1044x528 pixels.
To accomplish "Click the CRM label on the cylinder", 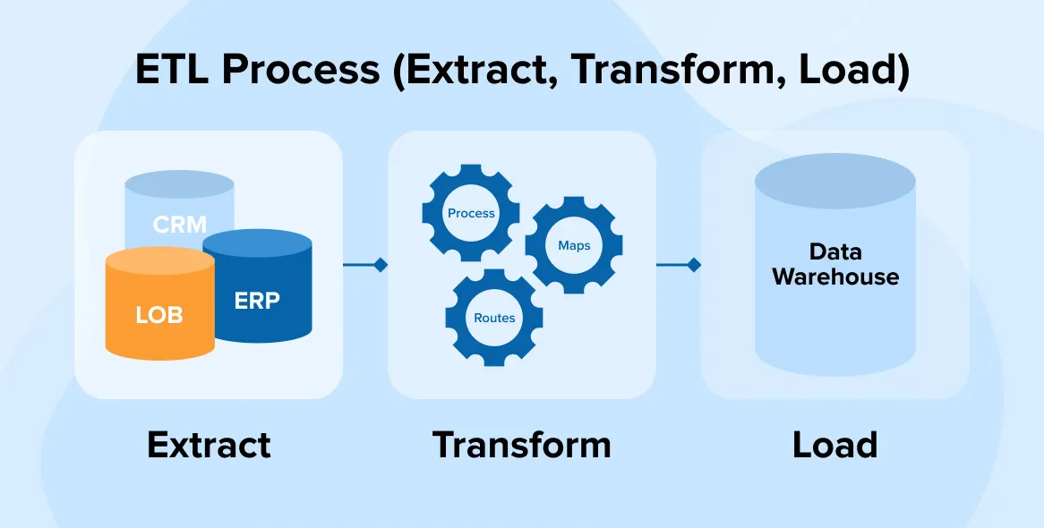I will coord(179,224).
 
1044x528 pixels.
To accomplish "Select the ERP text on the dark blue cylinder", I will coord(257,300).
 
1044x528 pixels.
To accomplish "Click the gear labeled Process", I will coord(471,213).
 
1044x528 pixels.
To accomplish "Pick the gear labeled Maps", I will coord(573,245).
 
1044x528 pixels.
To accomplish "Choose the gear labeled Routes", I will coord(494,318).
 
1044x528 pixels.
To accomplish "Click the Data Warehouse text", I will coord(834,264).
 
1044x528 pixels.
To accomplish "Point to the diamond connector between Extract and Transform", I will coord(380,265).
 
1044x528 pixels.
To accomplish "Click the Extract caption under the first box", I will coord(209,445).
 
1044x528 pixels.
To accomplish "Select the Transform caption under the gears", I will coord(521,445).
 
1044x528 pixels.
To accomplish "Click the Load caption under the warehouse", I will coord(834,445).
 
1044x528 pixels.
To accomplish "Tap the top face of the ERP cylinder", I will coord(257,244).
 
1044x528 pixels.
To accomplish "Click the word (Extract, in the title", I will coord(479,70).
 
